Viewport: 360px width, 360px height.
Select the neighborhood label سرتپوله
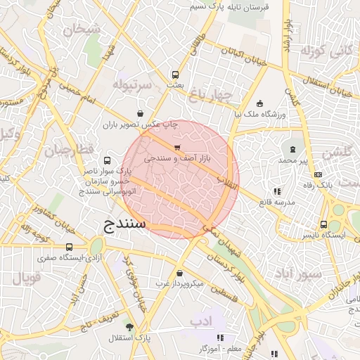(x=132, y=85)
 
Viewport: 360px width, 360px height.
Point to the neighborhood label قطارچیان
(x=69, y=150)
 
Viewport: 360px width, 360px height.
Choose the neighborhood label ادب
(x=200, y=321)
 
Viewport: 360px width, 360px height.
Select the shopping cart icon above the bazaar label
(x=176, y=148)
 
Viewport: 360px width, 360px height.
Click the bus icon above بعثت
(x=175, y=75)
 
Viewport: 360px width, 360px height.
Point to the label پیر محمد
(x=293, y=160)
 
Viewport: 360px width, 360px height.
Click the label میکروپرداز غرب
(x=179, y=283)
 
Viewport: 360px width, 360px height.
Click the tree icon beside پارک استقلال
(x=129, y=327)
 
